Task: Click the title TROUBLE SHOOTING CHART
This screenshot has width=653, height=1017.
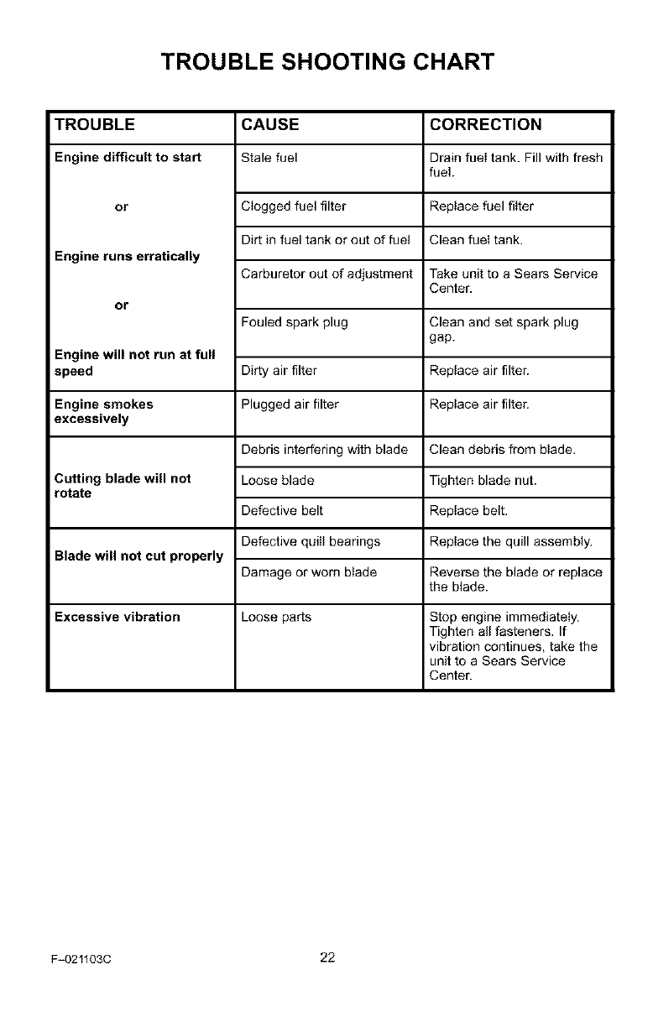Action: [x=326, y=62]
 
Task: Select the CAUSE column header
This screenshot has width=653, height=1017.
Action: [x=269, y=125]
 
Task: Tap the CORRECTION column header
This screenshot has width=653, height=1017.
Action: [x=485, y=125]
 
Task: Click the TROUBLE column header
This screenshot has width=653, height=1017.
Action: [x=94, y=125]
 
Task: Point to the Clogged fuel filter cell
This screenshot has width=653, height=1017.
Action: [x=293, y=206]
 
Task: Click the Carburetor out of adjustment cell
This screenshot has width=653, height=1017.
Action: [x=326, y=274]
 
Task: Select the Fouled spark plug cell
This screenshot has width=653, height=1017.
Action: [x=294, y=322]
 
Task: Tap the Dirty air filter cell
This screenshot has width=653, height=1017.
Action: [x=279, y=371]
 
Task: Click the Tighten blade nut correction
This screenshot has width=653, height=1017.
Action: [x=483, y=480]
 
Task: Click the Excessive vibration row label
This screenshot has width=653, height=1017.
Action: [x=117, y=618]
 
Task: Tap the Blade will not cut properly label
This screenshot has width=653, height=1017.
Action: [x=138, y=556]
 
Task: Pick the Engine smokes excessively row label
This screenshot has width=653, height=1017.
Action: [x=103, y=411]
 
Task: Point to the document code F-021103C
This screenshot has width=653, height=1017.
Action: [x=81, y=960]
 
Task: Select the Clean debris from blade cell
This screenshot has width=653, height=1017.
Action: [x=502, y=450]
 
